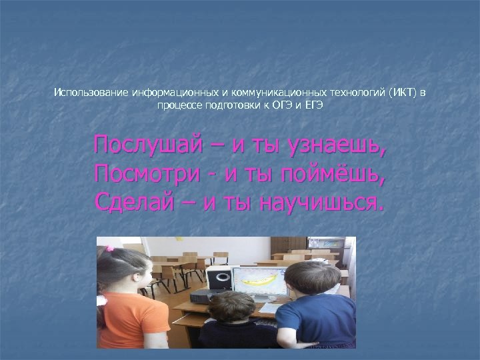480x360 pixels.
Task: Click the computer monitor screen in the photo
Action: pos(260,284)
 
